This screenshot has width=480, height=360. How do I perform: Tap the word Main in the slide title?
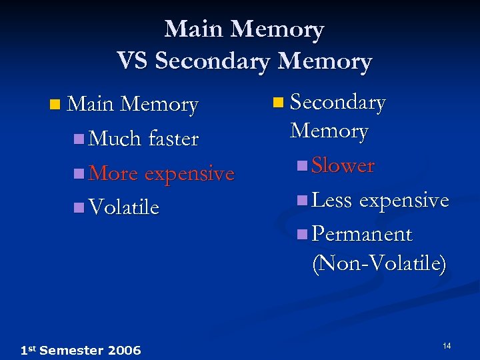pyautogui.click(x=194, y=29)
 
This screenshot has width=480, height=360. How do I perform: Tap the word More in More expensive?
pyautogui.click(x=113, y=173)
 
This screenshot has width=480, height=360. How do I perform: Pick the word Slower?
pyautogui.click(x=343, y=165)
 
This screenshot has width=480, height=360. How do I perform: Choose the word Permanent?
pyautogui.click(x=362, y=234)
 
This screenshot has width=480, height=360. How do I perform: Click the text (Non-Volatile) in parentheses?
pyautogui.click(x=379, y=263)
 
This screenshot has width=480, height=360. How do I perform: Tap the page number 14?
pyautogui.click(x=447, y=345)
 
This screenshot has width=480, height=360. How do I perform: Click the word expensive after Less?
pyautogui.click(x=404, y=199)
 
